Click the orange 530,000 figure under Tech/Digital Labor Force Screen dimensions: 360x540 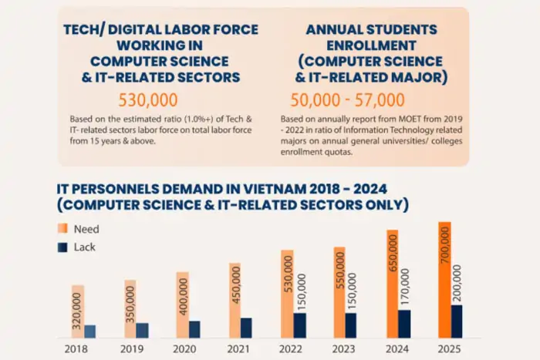[x=147, y=99]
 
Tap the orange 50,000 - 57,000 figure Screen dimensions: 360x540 [x=347, y=99]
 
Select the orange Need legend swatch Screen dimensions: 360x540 [x=62, y=229]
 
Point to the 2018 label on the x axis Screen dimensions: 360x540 [x=77, y=348]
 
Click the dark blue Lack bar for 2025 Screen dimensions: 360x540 [x=457, y=321]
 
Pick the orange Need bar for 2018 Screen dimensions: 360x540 [x=77, y=311]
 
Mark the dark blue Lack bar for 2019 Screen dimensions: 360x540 [x=142, y=330]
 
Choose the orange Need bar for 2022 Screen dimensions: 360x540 [x=287, y=294]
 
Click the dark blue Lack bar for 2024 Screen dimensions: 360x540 [x=404, y=324]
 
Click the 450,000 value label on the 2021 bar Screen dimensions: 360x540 [x=235, y=288]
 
